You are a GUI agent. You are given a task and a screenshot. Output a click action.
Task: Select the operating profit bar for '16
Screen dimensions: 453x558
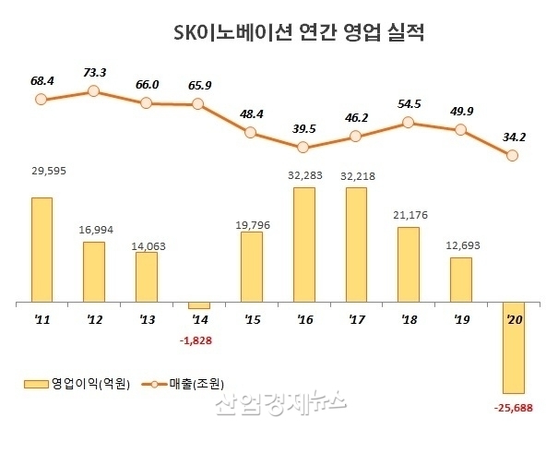[x=303, y=244]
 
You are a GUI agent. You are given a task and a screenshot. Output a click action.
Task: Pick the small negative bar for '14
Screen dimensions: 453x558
[x=198, y=305]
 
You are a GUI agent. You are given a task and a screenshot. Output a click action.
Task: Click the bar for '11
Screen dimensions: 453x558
[x=42, y=249]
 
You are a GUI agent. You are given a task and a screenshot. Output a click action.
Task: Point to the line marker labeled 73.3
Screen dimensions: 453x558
[x=93, y=91]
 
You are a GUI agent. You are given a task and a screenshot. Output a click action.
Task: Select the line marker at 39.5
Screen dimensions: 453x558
[x=303, y=147]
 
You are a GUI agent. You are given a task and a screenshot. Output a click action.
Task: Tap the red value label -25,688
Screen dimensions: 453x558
[x=514, y=406]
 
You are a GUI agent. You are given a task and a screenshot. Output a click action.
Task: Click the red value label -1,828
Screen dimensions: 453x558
[x=197, y=340]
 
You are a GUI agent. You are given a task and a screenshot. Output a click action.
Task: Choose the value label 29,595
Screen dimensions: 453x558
[x=42, y=170]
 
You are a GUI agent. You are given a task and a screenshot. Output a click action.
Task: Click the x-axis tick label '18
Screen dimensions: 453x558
[x=409, y=321]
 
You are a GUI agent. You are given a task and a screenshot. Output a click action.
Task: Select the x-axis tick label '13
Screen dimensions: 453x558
[x=146, y=321]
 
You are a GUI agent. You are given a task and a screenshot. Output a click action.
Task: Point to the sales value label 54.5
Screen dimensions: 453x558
[x=409, y=104]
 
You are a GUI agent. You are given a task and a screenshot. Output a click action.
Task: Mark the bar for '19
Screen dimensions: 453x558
[x=461, y=280]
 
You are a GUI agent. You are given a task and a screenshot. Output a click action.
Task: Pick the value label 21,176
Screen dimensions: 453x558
[x=409, y=215]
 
